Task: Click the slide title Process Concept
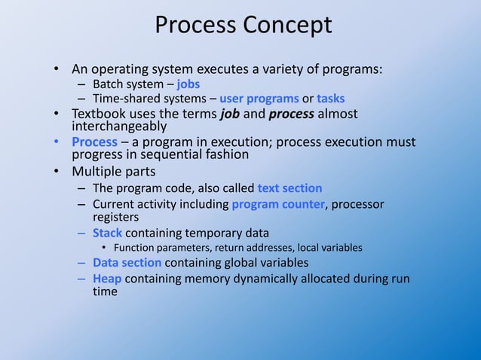pos(243,26)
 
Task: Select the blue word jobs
pos(188,84)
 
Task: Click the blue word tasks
pos(330,99)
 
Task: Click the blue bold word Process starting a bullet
pos(94,142)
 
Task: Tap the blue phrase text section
pos(290,188)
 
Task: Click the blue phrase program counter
pos(278,204)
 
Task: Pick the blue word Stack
pos(107,233)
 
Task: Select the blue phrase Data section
pos(127,263)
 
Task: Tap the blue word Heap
pos(106,279)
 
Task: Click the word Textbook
pos(101,114)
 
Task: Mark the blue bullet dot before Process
pos(56,142)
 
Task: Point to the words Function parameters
pos(161,248)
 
